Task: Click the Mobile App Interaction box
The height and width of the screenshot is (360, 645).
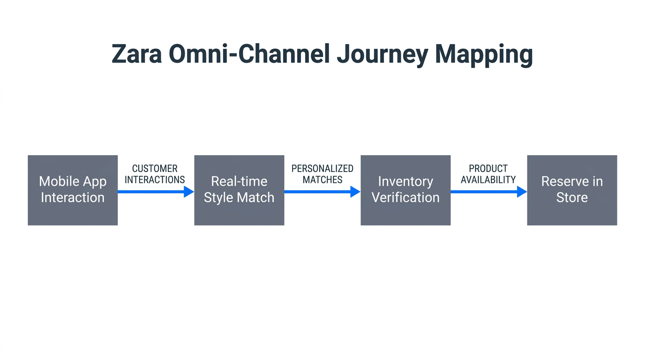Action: tap(73, 190)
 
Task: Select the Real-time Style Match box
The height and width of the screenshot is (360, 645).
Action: tap(239, 190)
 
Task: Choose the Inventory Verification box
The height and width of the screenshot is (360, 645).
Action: tap(405, 190)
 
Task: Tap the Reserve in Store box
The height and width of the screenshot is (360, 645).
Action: tap(572, 190)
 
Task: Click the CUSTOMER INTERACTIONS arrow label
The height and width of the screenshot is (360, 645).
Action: tap(155, 174)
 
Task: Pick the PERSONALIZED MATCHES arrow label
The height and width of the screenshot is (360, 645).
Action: tap(322, 174)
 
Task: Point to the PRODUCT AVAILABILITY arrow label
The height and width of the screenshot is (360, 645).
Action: tap(488, 174)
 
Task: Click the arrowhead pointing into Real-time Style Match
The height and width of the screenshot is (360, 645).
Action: tap(188, 191)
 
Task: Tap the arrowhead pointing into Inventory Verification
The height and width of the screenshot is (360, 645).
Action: tap(355, 191)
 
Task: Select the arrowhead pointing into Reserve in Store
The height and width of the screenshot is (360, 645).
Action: tap(521, 191)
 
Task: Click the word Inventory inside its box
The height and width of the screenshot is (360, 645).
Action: tap(405, 181)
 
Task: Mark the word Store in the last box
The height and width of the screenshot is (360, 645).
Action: tap(572, 198)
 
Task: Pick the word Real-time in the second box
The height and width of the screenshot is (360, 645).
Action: tap(239, 181)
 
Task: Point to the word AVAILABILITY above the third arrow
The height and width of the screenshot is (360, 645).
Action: tap(488, 180)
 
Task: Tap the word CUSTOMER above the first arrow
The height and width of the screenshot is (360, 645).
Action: tap(155, 168)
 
